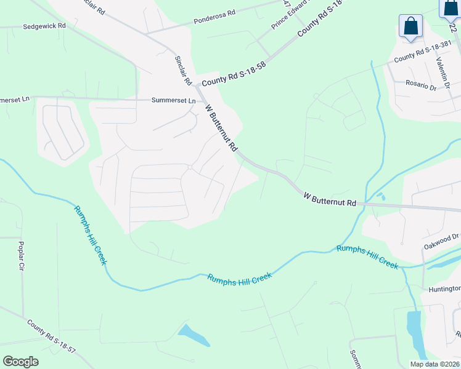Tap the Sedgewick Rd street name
44,27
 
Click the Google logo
20,362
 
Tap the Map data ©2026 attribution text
435,364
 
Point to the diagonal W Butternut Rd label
221,127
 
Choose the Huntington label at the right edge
442,289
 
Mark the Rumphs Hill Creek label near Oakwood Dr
367,256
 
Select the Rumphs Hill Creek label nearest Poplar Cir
90,235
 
